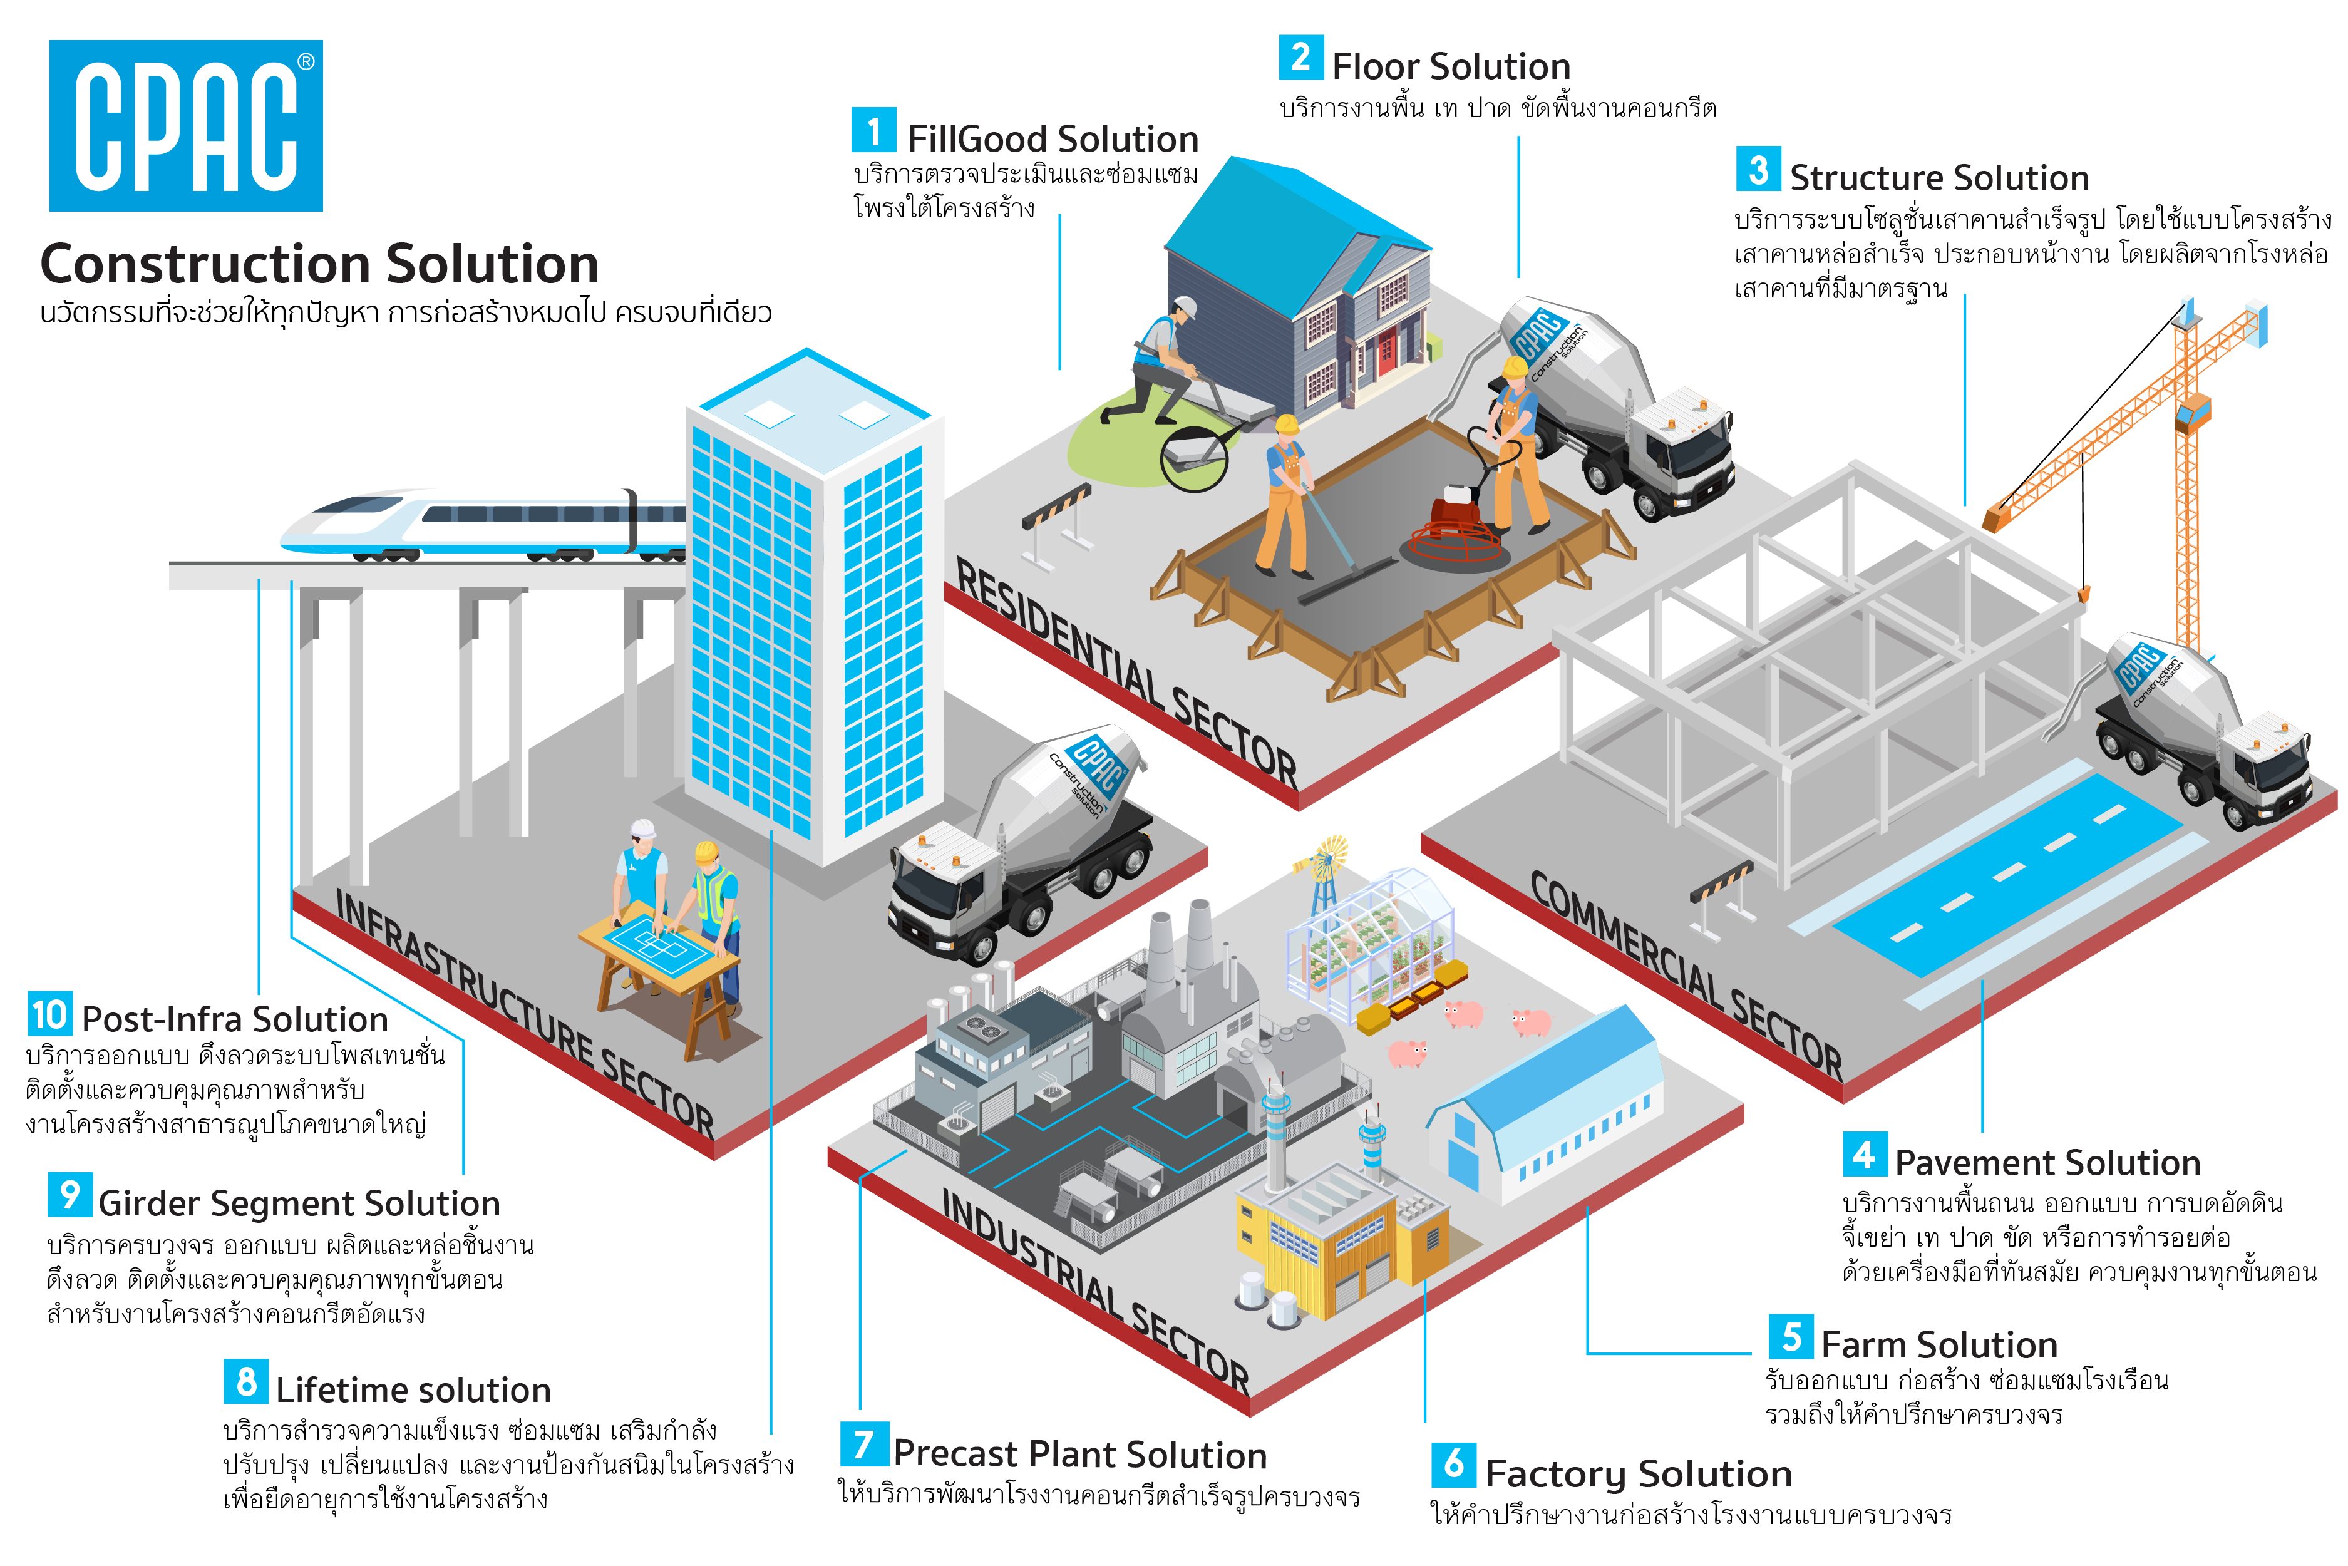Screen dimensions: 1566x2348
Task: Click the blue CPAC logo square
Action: click(x=186, y=126)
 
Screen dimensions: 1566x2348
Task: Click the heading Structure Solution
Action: click(x=1937, y=178)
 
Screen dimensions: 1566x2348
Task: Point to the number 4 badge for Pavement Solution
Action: click(x=1863, y=1155)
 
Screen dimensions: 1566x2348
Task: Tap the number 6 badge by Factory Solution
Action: click(x=1453, y=1464)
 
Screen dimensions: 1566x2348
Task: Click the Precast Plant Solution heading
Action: click(x=1079, y=1453)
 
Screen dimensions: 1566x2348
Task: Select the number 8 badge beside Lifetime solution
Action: click(x=245, y=1383)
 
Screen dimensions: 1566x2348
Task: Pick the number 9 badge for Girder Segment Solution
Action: click(x=70, y=1195)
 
